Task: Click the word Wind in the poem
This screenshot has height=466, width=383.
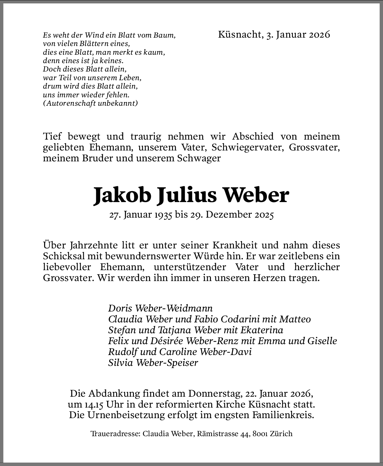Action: click(x=93, y=35)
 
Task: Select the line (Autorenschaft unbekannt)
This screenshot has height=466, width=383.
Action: click(x=90, y=103)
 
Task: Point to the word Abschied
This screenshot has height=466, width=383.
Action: click(x=253, y=136)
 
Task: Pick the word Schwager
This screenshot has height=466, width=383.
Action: click(x=199, y=158)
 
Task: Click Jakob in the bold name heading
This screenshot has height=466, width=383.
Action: click(x=122, y=195)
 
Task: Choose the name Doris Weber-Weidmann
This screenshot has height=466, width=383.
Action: click(x=160, y=308)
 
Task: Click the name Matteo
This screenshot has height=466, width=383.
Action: click(x=295, y=319)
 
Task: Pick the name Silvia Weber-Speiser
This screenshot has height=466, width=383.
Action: click(x=153, y=363)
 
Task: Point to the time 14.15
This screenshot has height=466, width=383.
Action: click(x=93, y=404)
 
